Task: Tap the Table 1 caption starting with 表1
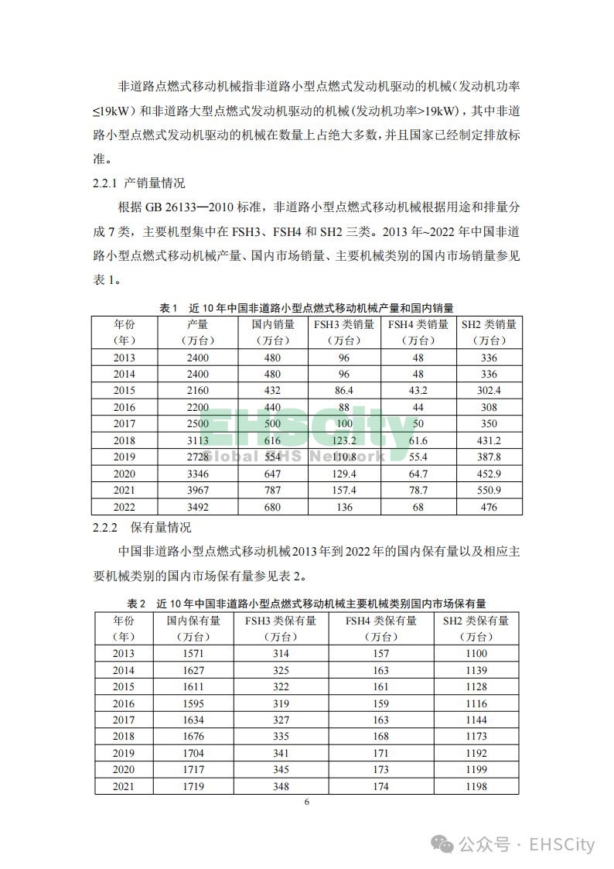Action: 306,308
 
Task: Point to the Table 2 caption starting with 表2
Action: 306,603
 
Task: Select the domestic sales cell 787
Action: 273,491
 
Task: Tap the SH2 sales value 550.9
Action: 488,491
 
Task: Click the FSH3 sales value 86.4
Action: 344,391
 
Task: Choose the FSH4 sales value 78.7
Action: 418,491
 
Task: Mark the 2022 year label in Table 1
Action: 124,507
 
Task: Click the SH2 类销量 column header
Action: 488,332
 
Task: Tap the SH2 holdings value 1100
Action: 476,654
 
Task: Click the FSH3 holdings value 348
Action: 281,786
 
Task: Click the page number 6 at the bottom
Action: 307,802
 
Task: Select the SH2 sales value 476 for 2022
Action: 488,507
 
